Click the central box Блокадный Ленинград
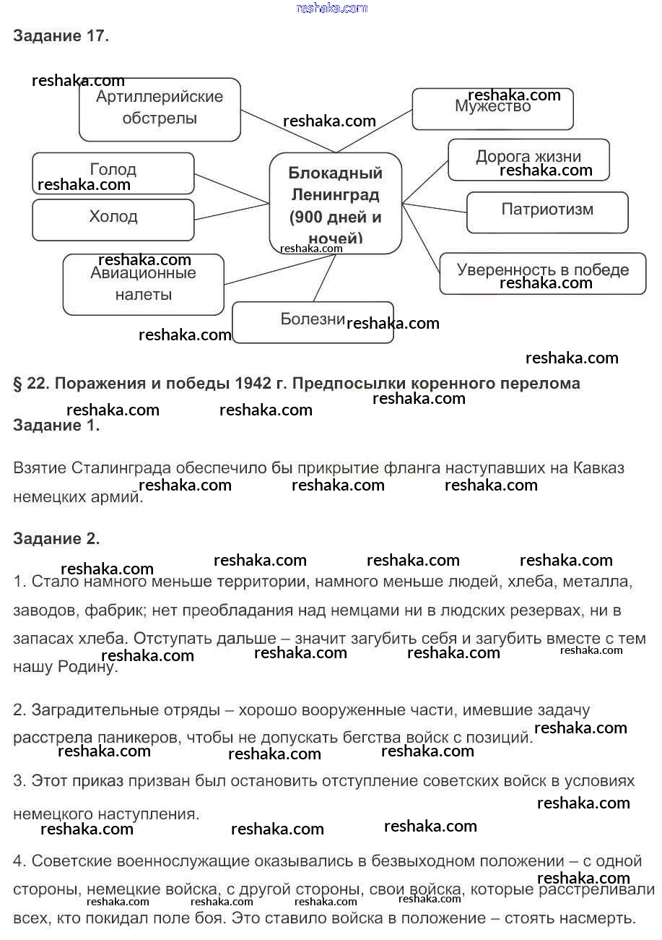[335, 204]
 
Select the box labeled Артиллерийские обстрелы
[160, 109]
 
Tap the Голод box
[113, 173]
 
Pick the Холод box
[113, 219]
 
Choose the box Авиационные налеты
[144, 284]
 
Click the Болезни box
[313, 322]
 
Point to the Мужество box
[492, 108]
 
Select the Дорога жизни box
[528, 159]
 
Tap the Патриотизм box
[547, 212]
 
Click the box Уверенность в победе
[543, 272]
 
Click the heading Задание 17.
[61, 36]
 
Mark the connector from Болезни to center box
[324, 279]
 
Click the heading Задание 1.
[56, 426]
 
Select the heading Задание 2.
[56, 538]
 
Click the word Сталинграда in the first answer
[116, 468]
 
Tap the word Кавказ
[598, 468]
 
